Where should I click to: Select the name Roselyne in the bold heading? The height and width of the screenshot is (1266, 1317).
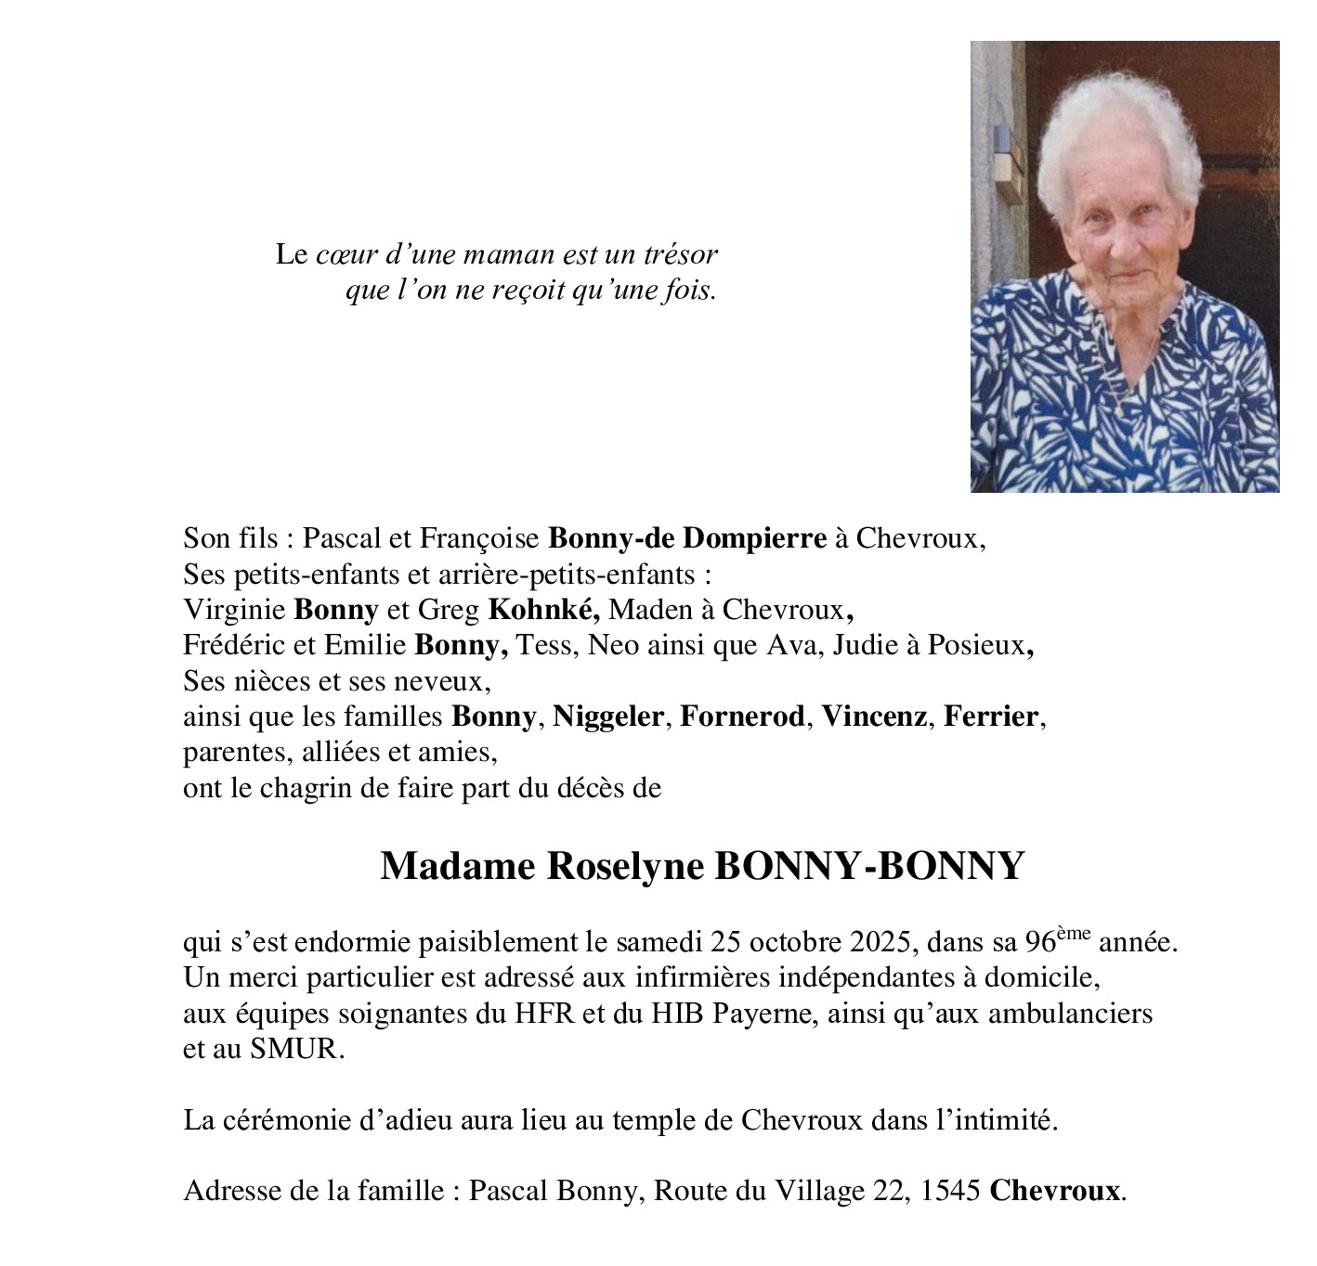(x=628, y=867)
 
